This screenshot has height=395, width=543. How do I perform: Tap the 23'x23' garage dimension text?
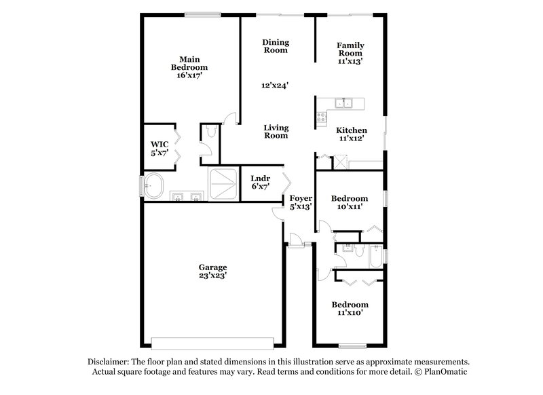click(x=213, y=276)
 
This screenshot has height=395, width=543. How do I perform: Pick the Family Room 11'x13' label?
click(x=350, y=53)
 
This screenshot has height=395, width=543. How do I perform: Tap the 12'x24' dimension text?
click(x=275, y=86)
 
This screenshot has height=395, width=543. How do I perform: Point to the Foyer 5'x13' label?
click(x=301, y=202)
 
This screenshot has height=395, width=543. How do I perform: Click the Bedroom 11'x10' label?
click(x=350, y=309)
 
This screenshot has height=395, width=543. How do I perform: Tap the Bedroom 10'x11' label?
click(x=350, y=202)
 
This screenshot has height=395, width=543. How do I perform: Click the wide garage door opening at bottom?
click(x=213, y=341)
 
